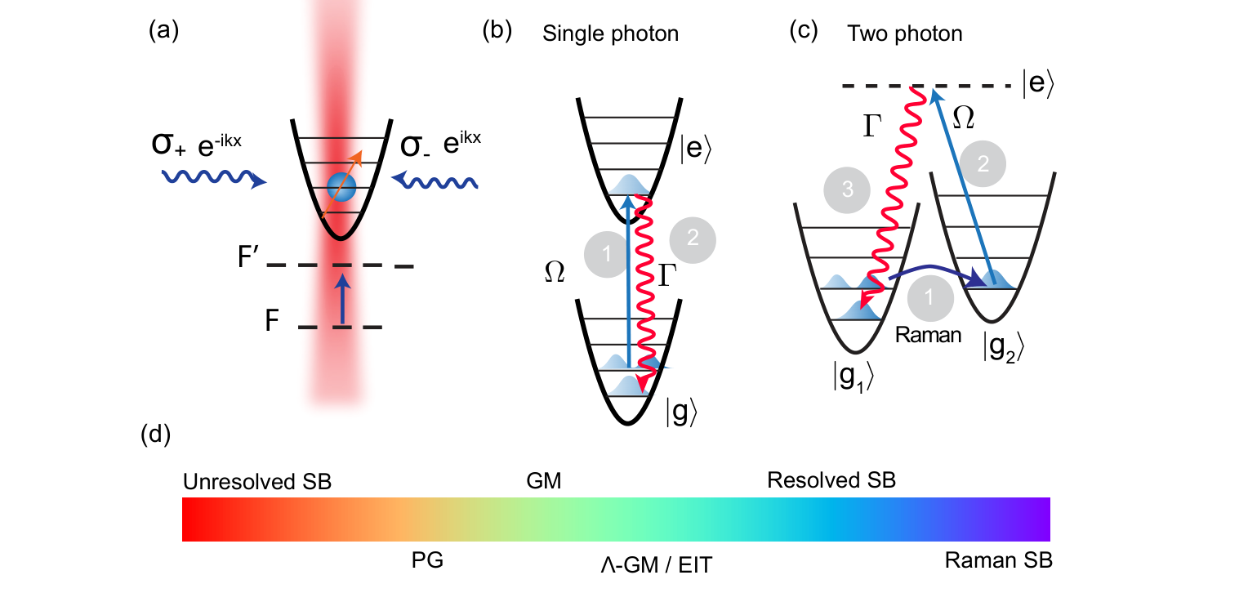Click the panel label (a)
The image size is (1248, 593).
click(x=163, y=30)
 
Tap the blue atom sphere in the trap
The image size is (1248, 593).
click(x=341, y=187)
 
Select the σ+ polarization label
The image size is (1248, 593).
click(x=168, y=144)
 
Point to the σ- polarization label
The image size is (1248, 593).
click(x=415, y=145)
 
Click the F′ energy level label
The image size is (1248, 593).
click(x=248, y=257)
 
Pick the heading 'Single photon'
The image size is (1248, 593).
click(x=611, y=34)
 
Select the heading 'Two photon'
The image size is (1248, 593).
click(x=905, y=34)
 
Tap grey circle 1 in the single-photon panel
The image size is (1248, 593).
click(x=607, y=254)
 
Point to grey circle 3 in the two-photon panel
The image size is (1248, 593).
click(x=847, y=189)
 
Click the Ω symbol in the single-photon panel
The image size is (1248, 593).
click(x=555, y=272)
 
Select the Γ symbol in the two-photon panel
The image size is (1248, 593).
click(x=872, y=125)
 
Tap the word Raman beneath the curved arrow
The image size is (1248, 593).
click(x=928, y=335)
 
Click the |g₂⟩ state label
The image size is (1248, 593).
click(x=1004, y=347)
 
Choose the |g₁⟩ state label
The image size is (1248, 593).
click(x=854, y=377)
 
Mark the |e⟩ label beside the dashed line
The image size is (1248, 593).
click(x=1038, y=83)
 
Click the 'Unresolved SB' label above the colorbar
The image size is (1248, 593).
click(x=256, y=482)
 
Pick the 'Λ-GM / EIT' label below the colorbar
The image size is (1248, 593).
click(x=657, y=565)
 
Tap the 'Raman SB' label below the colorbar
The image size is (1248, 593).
click(x=998, y=560)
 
